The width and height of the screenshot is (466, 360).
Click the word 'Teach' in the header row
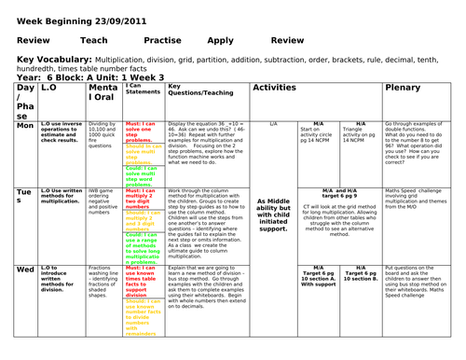point(95,41)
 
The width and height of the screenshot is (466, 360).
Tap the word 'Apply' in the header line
point(221,41)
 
